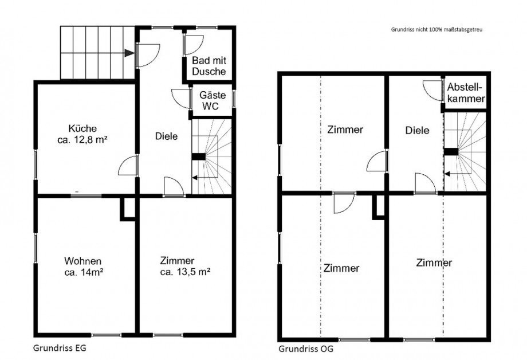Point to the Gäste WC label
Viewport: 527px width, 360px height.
pyautogui.click(x=211, y=101)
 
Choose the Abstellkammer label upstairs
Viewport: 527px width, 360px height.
pyautogui.click(x=466, y=93)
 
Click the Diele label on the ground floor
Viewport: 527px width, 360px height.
pyautogui.click(x=166, y=136)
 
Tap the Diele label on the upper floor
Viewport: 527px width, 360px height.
pyautogui.click(x=417, y=130)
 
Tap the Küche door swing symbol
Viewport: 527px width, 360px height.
pyautogui.click(x=129, y=166)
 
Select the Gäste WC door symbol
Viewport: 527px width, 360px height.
pyautogui.click(x=182, y=98)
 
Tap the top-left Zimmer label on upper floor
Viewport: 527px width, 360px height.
pyautogui.click(x=345, y=130)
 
